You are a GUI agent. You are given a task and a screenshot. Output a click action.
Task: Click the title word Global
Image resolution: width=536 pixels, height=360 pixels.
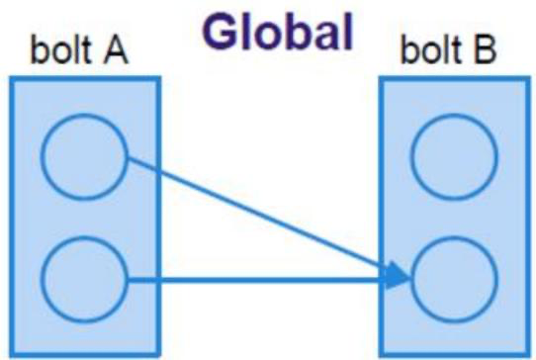point(277,32)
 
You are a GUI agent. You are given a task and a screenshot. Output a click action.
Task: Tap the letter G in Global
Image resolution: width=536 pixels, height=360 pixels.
point(220,33)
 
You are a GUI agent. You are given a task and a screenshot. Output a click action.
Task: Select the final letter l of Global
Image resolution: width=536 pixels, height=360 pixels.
point(348,32)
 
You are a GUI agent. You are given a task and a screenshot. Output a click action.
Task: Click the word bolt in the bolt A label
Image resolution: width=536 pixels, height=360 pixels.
point(60,48)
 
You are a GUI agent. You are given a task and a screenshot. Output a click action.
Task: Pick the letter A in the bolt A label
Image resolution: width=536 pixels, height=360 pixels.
point(116,49)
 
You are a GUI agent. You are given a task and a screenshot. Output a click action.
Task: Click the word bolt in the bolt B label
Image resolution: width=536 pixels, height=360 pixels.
point(430,49)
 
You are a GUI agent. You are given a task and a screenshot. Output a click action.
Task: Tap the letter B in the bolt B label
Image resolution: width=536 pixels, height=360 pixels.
point(484,49)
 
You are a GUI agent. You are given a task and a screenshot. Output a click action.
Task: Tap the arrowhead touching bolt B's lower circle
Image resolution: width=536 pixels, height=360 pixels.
point(398,276)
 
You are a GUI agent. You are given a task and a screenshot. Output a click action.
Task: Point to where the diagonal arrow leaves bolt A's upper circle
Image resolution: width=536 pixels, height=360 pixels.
point(129,157)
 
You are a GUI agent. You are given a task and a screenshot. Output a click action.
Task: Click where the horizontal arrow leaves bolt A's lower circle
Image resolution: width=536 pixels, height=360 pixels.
point(129,280)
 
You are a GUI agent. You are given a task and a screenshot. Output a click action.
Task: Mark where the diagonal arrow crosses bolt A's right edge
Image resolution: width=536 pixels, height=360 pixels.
point(158,171)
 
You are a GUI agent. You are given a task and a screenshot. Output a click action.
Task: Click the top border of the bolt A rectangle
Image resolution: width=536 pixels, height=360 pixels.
point(85,79)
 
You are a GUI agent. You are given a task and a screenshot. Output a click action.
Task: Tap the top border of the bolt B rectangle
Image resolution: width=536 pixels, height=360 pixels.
point(455,79)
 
